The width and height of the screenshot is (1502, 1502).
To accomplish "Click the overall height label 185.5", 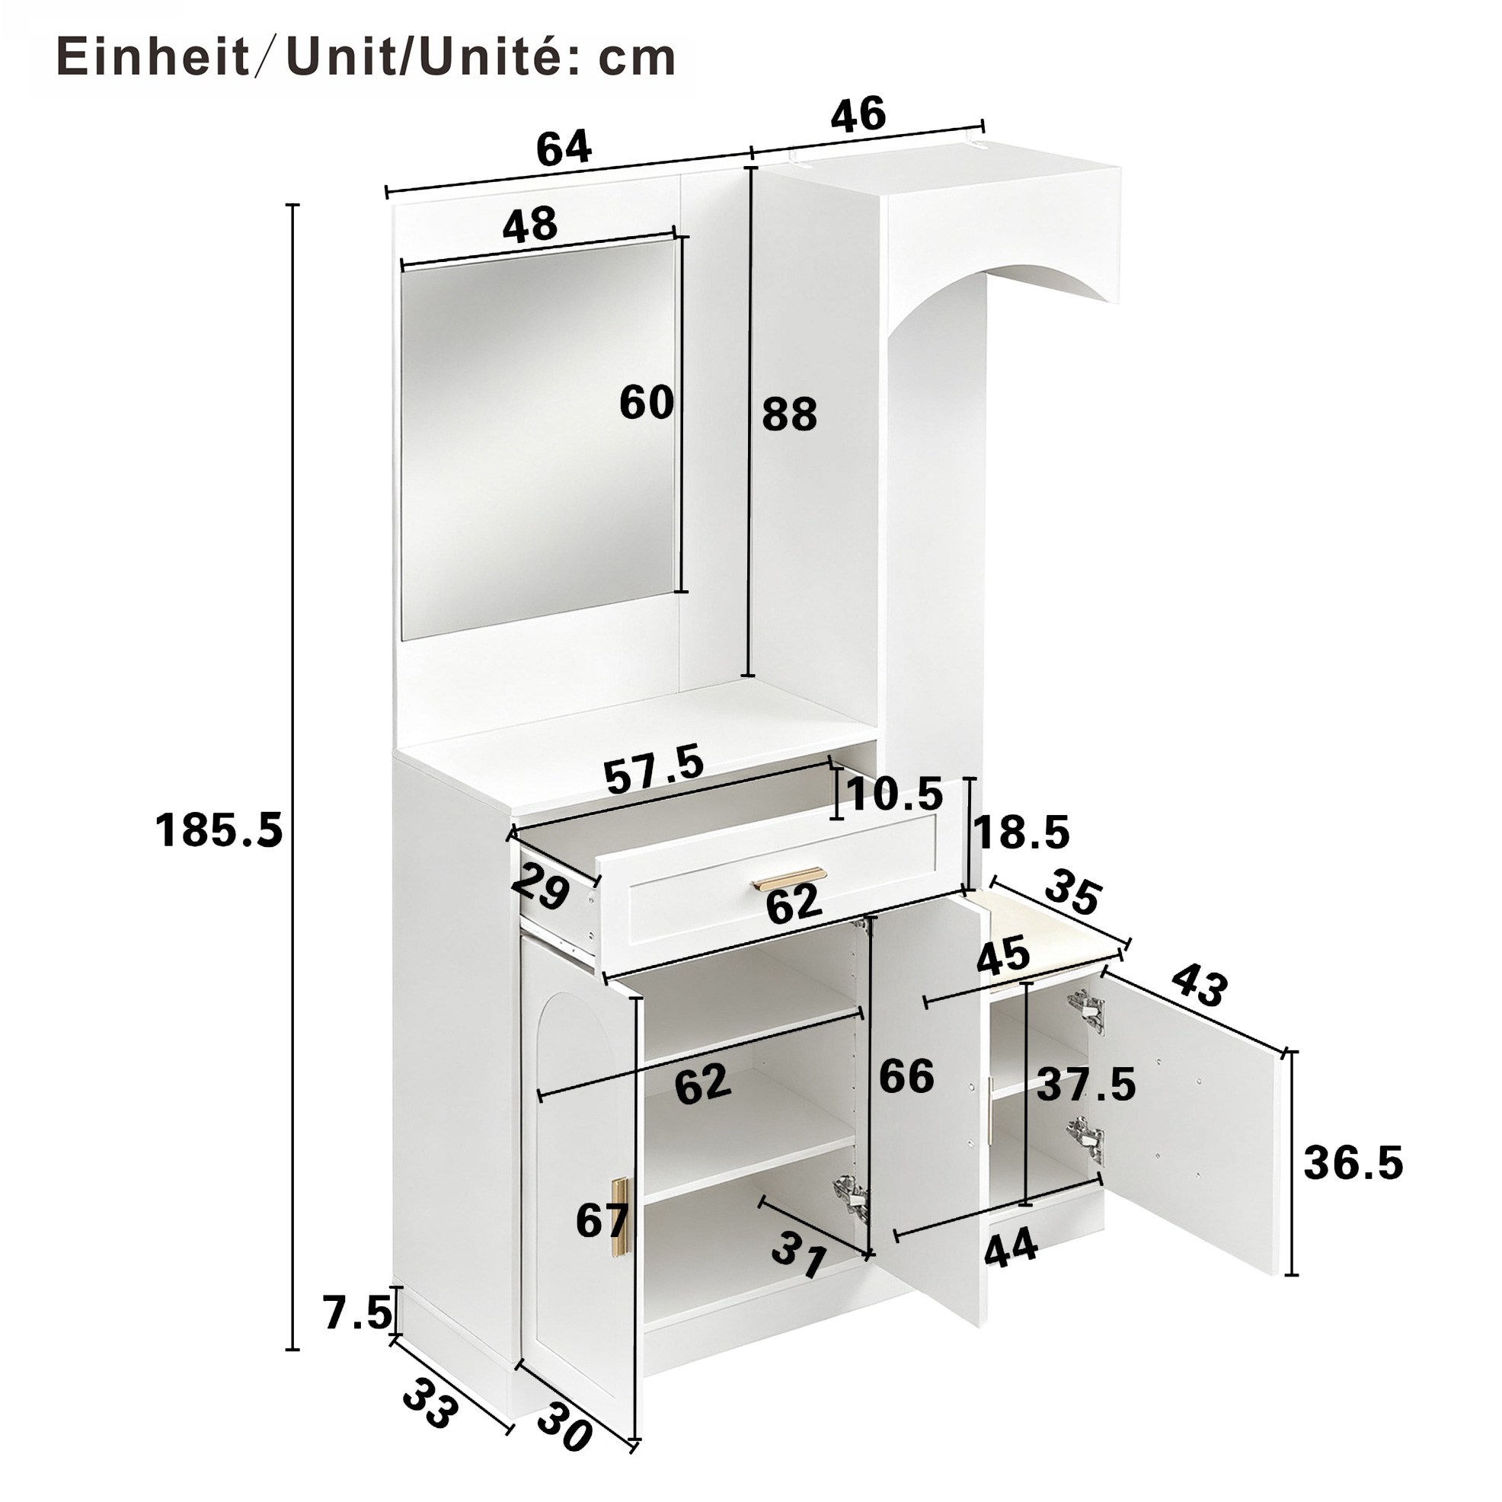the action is click(x=219, y=829).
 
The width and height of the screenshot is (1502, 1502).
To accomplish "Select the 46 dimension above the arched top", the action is click(x=858, y=113).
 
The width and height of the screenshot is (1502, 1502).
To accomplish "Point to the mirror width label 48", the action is click(x=530, y=224).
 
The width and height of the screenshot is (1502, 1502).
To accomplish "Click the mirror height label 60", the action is click(x=646, y=403).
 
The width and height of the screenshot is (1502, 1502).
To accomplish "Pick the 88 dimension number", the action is click(x=789, y=414).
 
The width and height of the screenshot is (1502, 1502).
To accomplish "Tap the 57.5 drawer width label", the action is click(x=654, y=769).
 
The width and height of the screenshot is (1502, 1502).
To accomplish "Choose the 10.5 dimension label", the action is click(x=894, y=794).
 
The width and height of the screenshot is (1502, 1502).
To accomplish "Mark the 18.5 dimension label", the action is click(x=1021, y=832).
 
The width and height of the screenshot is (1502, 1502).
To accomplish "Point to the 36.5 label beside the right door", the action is click(x=1353, y=1163).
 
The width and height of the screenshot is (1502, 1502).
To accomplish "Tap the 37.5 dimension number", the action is click(x=1087, y=1084).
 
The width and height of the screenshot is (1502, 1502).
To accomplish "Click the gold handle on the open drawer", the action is click(x=788, y=878).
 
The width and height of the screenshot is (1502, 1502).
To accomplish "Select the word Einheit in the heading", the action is click(x=153, y=58).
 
